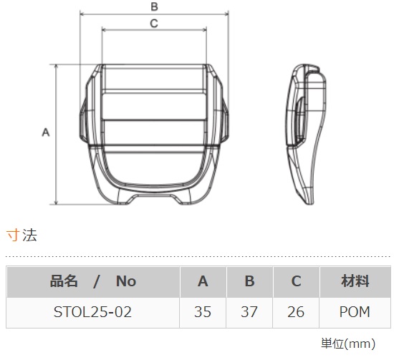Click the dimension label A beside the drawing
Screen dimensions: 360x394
[x=46, y=132]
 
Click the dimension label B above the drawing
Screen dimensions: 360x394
[x=154, y=6]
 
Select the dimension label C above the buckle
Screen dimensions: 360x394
[x=154, y=23]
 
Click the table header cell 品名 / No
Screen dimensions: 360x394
[x=93, y=281]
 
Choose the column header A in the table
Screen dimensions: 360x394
[x=203, y=281]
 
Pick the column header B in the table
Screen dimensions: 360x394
[x=249, y=281]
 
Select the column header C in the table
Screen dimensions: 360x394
[x=296, y=281]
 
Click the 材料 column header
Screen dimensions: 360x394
[x=355, y=281]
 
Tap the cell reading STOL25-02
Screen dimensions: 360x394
[x=93, y=312]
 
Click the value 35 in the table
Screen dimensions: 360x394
[x=203, y=312]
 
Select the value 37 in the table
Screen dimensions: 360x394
[x=249, y=312]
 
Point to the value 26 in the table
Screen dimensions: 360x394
[x=296, y=312]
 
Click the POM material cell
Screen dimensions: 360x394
[x=355, y=312]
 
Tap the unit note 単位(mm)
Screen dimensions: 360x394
[x=355, y=344]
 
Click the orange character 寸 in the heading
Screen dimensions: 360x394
[x=12, y=234]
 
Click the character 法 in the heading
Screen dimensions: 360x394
[x=29, y=234]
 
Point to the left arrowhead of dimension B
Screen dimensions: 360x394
[x=81, y=14]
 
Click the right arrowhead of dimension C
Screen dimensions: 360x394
[x=205, y=30]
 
